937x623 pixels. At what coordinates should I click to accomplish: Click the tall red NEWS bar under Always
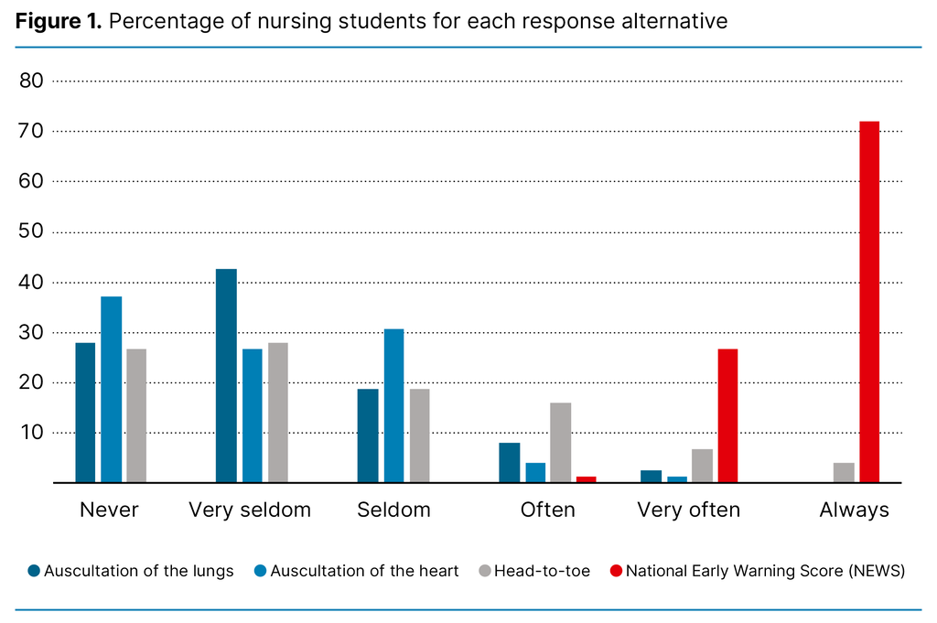point(869,302)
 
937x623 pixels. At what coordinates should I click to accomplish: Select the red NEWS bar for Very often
point(727,415)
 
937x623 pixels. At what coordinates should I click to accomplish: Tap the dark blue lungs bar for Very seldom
point(226,375)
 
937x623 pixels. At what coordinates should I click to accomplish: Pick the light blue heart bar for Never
point(111,389)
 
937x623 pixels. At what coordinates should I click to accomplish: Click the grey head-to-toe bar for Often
point(561,442)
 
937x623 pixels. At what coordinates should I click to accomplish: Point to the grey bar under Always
point(844,472)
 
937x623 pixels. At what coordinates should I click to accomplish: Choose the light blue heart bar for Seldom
point(393,405)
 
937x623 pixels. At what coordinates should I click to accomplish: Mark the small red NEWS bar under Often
point(587,478)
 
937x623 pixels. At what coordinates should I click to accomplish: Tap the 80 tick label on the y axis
point(31,81)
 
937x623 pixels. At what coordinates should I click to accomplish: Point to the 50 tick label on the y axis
point(31,232)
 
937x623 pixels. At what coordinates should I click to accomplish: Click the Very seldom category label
point(250,510)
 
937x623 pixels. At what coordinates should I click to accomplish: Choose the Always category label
point(854,510)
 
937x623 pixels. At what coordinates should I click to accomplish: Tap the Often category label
point(547,510)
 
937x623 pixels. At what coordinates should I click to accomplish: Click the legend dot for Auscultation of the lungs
point(34,571)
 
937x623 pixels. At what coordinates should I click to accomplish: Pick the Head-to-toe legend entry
point(542,571)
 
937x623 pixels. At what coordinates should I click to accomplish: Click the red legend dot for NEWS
point(616,571)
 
